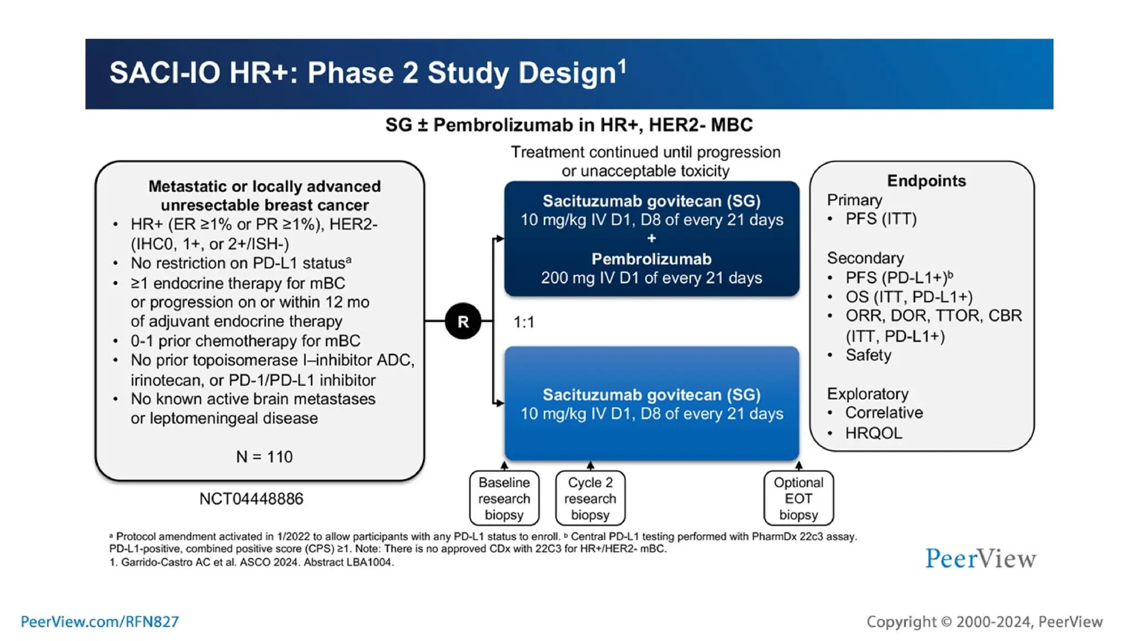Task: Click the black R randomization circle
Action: (463, 321)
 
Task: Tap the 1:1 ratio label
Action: (523, 322)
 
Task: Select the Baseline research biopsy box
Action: (504, 498)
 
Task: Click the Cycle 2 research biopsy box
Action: (590, 498)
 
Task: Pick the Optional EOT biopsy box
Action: (798, 498)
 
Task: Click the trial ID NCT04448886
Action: (251, 499)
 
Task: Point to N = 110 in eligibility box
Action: (264, 457)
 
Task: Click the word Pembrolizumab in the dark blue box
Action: (651, 259)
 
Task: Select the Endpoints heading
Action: (926, 181)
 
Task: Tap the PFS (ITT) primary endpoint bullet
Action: (880, 219)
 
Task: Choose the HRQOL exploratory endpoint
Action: (873, 433)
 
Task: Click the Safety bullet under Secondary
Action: (868, 355)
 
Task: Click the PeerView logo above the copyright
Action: (980, 559)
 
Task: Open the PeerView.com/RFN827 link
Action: (100, 622)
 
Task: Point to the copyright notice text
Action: (984, 622)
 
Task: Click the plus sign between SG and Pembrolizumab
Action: (651, 239)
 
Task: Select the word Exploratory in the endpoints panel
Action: (868, 394)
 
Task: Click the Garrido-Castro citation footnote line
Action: (251, 563)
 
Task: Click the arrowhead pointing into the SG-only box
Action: (500, 403)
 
